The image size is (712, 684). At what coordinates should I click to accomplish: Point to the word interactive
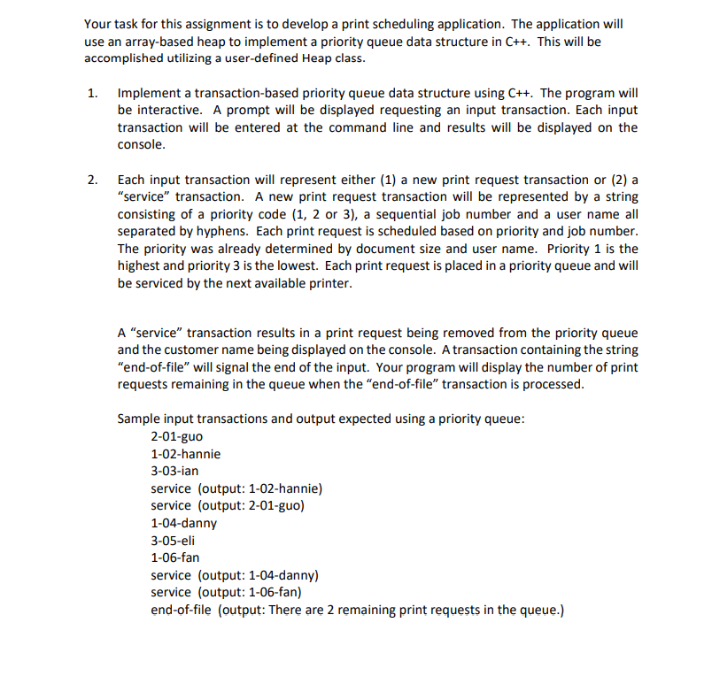click(169, 111)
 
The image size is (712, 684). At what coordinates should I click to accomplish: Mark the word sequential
click(414, 214)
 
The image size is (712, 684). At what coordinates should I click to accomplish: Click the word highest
click(143, 266)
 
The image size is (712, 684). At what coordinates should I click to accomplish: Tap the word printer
click(329, 284)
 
